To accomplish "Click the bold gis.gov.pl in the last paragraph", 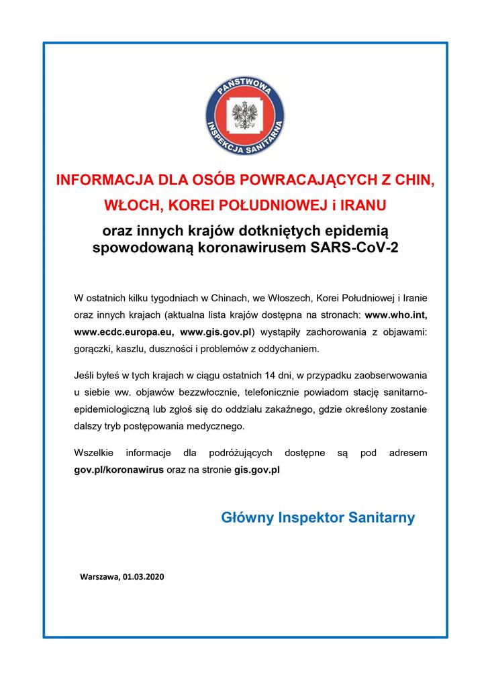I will (257, 471).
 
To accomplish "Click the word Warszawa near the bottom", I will (99, 576).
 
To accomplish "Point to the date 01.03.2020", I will (144, 576).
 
